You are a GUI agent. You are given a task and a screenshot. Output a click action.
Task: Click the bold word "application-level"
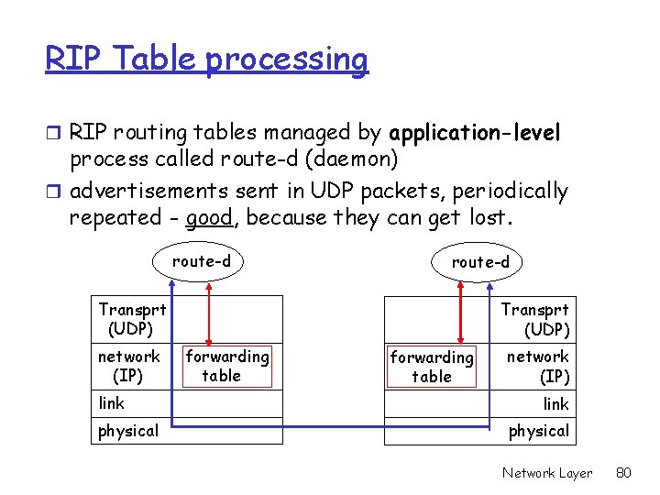[475, 133]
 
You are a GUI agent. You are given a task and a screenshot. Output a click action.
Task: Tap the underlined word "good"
[206, 218]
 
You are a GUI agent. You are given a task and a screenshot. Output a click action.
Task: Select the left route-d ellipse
[202, 261]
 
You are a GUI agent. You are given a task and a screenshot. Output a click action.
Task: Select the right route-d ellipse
[479, 262]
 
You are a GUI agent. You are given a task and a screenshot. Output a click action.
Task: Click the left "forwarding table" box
[226, 366]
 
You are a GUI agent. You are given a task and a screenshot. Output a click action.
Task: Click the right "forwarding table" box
[431, 367]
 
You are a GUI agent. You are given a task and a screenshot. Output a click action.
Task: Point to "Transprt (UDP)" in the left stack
[132, 318]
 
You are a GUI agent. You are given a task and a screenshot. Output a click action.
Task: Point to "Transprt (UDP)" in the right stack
[535, 319]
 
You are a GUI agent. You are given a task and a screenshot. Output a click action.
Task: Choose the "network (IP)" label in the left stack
[129, 366]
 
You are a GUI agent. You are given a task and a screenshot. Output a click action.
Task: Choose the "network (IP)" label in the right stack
[538, 366]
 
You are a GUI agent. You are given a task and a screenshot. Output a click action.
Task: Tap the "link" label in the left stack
[112, 403]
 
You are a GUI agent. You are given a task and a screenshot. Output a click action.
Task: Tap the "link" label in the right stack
[555, 404]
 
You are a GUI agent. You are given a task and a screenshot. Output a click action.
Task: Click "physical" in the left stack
[128, 431]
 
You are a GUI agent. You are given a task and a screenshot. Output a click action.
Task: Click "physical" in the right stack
[539, 431]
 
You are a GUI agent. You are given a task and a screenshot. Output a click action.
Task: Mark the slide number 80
[624, 473]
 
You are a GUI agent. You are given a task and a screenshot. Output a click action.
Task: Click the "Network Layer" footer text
[547, 473]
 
